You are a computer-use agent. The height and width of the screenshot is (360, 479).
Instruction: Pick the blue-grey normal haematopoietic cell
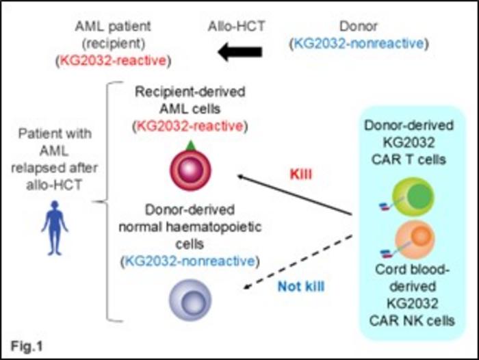[x=189, y=299]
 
